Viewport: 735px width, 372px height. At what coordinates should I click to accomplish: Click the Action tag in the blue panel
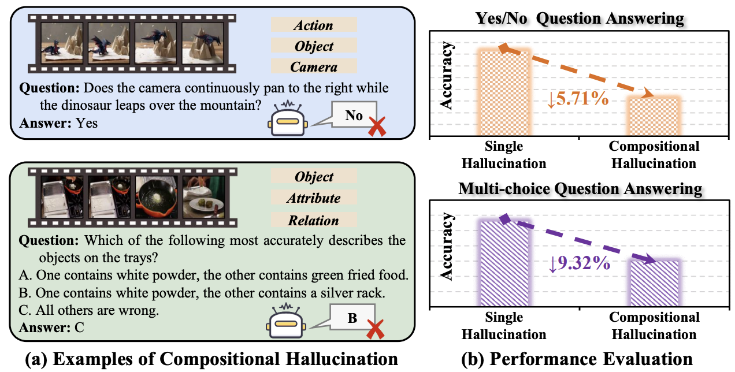click(x=313, y=25)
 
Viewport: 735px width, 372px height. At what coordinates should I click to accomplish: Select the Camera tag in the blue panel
click(x=313, y=66)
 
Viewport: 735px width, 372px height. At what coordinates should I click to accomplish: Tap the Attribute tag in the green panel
click(x=313, y=198)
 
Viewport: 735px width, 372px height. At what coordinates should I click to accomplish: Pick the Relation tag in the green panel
click(x=313, y=220)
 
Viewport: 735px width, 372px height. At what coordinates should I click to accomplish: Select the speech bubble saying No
click(x=353, y=116)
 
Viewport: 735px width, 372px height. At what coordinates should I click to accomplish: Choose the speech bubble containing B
click(x=352, y=317)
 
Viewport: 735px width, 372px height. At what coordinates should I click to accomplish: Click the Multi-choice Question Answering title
click(x=580, y=189)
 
